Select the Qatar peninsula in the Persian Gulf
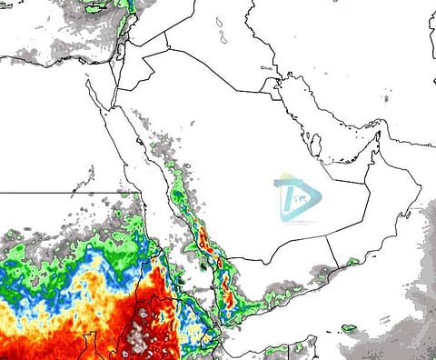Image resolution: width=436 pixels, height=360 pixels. point(315,145)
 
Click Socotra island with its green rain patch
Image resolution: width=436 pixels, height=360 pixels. point(348,327)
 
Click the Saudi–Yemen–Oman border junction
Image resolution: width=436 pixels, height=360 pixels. point(327,234)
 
